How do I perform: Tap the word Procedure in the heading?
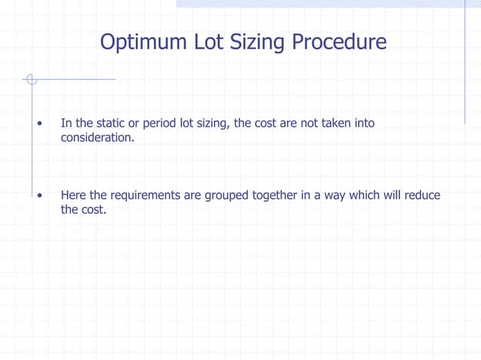click(339, 41)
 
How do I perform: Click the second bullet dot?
click(38, 196)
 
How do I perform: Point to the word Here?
click(73, 196)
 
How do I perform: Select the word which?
click(365, 196)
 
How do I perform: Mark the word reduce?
click(422, 196)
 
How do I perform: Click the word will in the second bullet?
click(394, 196)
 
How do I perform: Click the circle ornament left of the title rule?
click(31, 79)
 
